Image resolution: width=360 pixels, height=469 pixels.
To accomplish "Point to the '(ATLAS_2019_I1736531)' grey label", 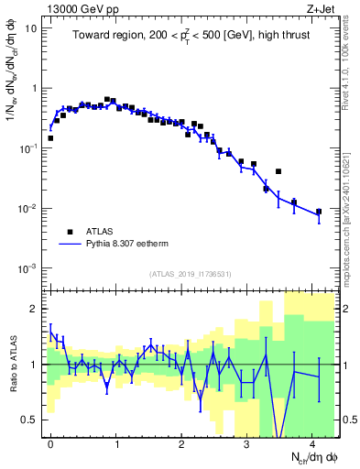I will (x=189, y=274).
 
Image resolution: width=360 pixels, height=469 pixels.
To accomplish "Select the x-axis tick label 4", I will (x=312, y=444).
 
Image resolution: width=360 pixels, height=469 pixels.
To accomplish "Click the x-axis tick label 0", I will (x=50, y=444).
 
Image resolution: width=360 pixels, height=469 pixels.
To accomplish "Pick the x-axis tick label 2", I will (x=181, y=444).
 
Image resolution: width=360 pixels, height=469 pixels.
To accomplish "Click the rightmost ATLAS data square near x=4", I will (x=319, y=212).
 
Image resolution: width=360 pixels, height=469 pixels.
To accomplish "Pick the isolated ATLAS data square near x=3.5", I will (x=278, y=171).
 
